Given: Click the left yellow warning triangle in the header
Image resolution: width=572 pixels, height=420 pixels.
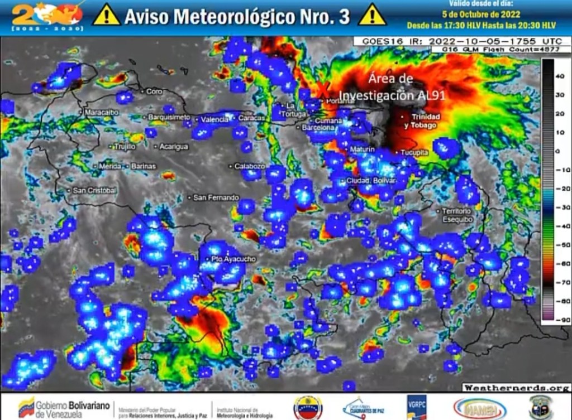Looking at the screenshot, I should pyautogui.click(x=106, y=15).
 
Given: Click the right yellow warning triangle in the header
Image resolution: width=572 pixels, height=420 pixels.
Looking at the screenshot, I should pyautogui.click(x=371, y=15).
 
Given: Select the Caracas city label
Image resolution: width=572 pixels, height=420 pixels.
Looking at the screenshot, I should pyautogui.click(x=251, y=118).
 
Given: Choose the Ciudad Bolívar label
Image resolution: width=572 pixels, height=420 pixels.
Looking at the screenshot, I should pyautogui.click(x=370, y=181).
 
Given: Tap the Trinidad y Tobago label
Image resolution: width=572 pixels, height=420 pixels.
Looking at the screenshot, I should pyautogui.click(x=426, y=121).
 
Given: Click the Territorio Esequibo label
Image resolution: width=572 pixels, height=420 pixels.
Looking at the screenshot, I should pyautogui.click(x=456, y=215).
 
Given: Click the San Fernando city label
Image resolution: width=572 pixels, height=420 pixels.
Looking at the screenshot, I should pyautogui.click(x=216, y=197).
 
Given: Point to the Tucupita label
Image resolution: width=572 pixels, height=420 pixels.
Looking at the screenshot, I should pyautogui.click(x=414, y=152).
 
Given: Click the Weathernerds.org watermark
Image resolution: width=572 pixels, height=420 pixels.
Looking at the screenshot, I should pyautogui.click(x=515, y=387).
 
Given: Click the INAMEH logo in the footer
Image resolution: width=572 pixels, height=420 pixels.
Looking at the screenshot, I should pyautogui.click(x=480, y=408).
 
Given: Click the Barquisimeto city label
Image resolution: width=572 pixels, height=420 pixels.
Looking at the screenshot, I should pyautogui.click(x=169, y=117).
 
